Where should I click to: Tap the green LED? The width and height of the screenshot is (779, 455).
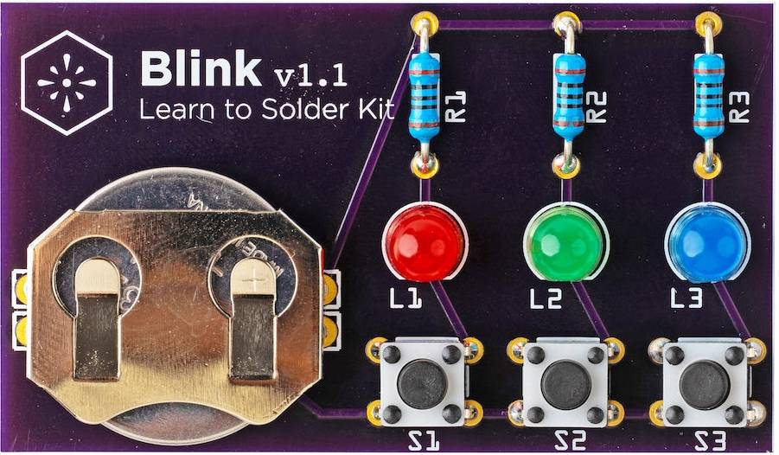tap(565, 242)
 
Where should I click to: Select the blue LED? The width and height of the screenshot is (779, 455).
tap(707, 242)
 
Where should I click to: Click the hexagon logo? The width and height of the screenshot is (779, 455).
tap(67, 82)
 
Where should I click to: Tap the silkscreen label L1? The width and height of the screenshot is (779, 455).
tap(405, 298)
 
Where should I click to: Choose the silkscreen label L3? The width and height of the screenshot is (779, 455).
tap(686, 298)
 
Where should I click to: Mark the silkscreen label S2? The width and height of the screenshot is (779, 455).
tap(570, 441)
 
